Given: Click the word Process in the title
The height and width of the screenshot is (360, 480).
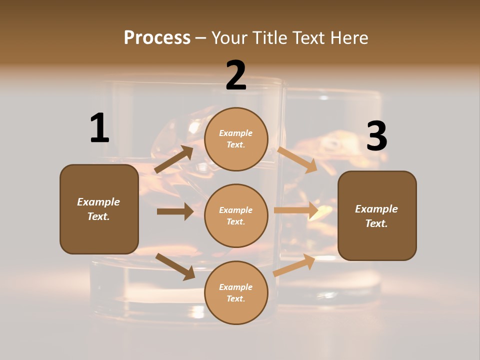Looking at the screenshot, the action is coord(157,37).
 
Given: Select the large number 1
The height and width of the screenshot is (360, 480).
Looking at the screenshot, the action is coord(99,128).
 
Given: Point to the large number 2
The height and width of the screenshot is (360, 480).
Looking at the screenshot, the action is coord(236,75).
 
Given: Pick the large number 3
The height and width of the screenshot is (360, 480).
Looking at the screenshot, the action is coord(377,136).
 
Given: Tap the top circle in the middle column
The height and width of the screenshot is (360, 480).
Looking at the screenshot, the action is coord(236,139).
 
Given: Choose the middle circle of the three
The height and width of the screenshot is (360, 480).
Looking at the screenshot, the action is coord(236,216).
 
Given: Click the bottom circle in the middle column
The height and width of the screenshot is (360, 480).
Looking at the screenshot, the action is coord(236,293).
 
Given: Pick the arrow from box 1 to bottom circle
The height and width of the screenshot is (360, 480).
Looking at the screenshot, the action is coord(175,266).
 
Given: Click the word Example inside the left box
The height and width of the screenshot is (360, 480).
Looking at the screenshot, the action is coord(98,202).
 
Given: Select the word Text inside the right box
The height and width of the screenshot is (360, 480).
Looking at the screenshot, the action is coord(376,223).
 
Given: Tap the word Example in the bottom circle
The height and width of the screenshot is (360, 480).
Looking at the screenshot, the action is coord(236,287).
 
